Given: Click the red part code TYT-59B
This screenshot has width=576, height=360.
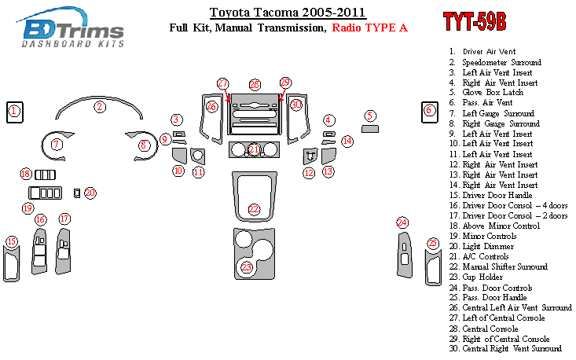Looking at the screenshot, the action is pyautogui.click(x=475, y=21).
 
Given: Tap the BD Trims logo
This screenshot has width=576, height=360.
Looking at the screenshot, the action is pyautogui.click(x=70, y=28).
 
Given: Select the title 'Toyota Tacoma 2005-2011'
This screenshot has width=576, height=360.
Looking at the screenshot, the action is pyautogui.click(x=288, y=12).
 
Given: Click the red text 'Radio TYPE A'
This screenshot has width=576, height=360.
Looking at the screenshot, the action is pyautogui.click(x=369, y=28).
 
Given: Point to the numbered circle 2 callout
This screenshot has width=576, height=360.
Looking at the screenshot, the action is pyautogui.click(x=100, y=107).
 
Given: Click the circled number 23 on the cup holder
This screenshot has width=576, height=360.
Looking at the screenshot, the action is pyautogui.click(x=247, y=267).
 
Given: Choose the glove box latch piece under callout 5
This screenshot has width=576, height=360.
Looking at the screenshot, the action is pyautogui.click(x=370, y=129).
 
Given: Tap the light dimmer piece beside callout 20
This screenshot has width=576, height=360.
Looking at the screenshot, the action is pyautogui.click(x=77, y=193).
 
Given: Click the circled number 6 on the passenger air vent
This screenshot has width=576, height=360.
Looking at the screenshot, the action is pyautogui.click(x=429, y=109).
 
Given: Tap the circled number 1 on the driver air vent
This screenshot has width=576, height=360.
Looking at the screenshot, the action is pyautogui.click(x=14, y=111).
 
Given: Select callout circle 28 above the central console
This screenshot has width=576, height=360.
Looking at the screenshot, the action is pyautogui.click(x=255, y=85).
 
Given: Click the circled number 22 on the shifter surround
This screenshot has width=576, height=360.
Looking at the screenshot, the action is pyautogui.click(x=254, y=209).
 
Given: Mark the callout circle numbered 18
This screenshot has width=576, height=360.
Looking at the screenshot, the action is pyautogui.click(x=26, y=174).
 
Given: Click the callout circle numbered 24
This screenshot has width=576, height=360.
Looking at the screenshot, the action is pyautogui.click(x=402, y=222).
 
